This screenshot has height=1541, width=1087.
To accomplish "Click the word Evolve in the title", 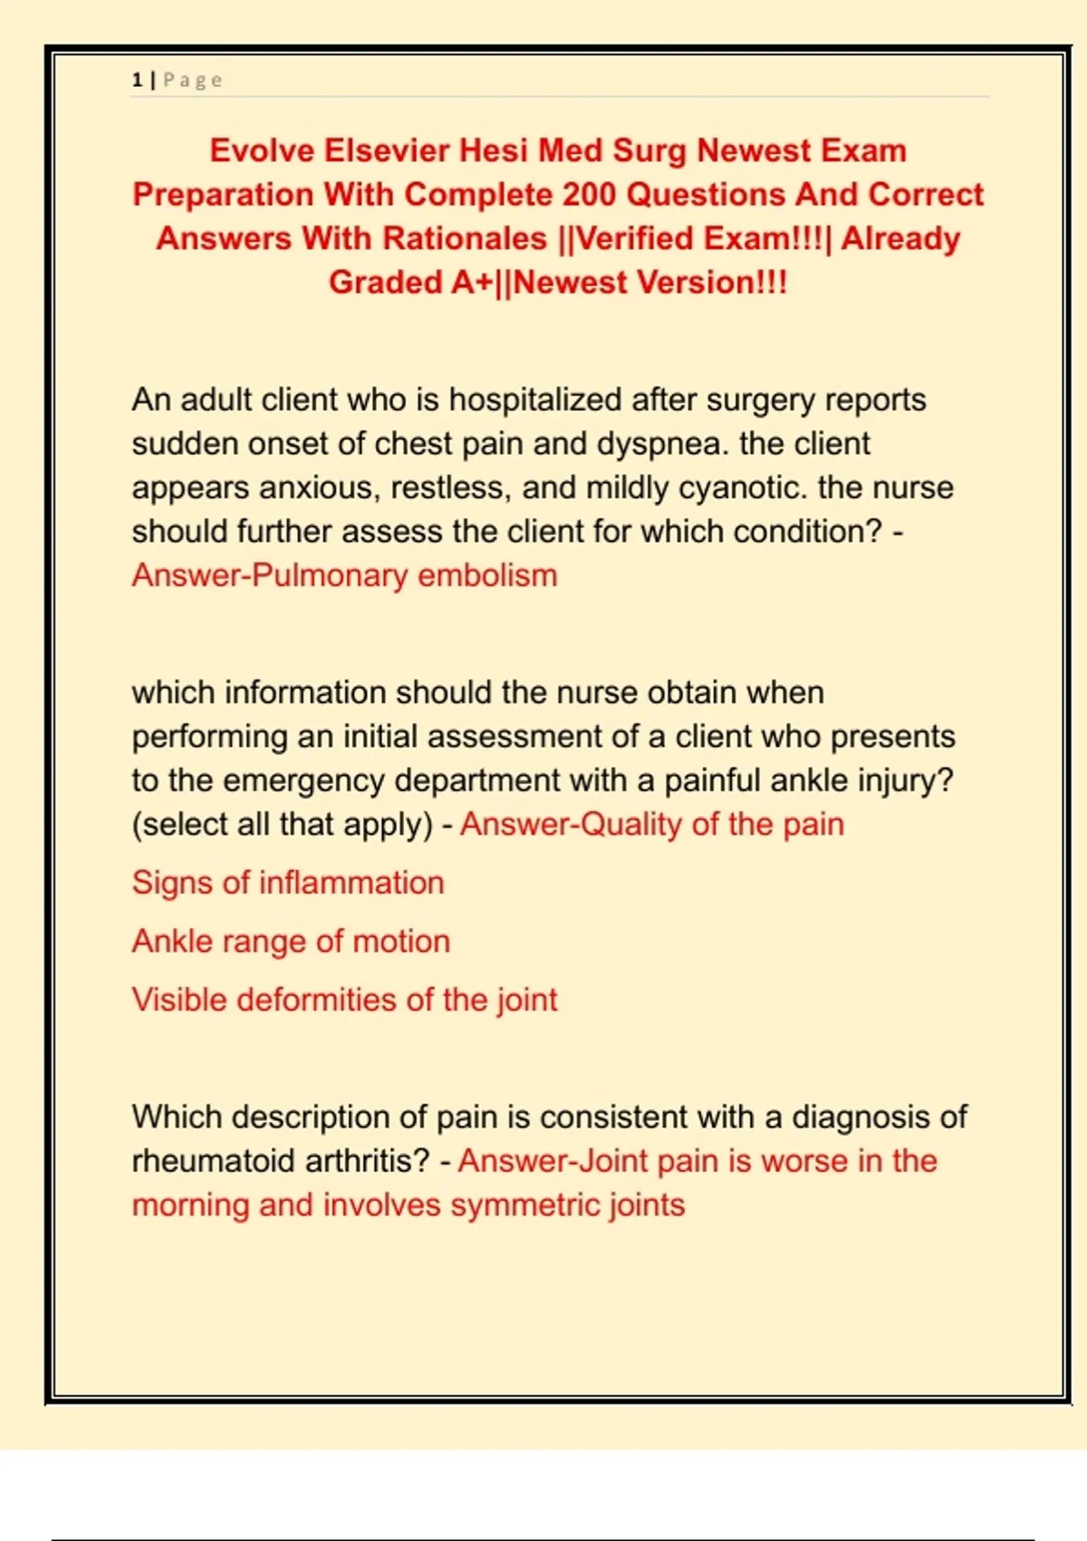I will pyautogui.click(x=261, y=150).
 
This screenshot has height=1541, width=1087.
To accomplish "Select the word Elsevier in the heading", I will pyautogui.click(x=387, y=150).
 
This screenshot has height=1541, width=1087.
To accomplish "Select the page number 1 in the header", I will pyautogui.click(x=137, y=80).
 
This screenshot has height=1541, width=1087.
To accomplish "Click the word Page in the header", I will pyautogui.click(x=193, y=80).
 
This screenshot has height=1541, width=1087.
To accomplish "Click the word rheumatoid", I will pyautogui.click(x=209, y=1161).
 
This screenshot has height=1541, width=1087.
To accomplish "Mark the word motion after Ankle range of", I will pyautogui.click(x=401, y=942).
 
